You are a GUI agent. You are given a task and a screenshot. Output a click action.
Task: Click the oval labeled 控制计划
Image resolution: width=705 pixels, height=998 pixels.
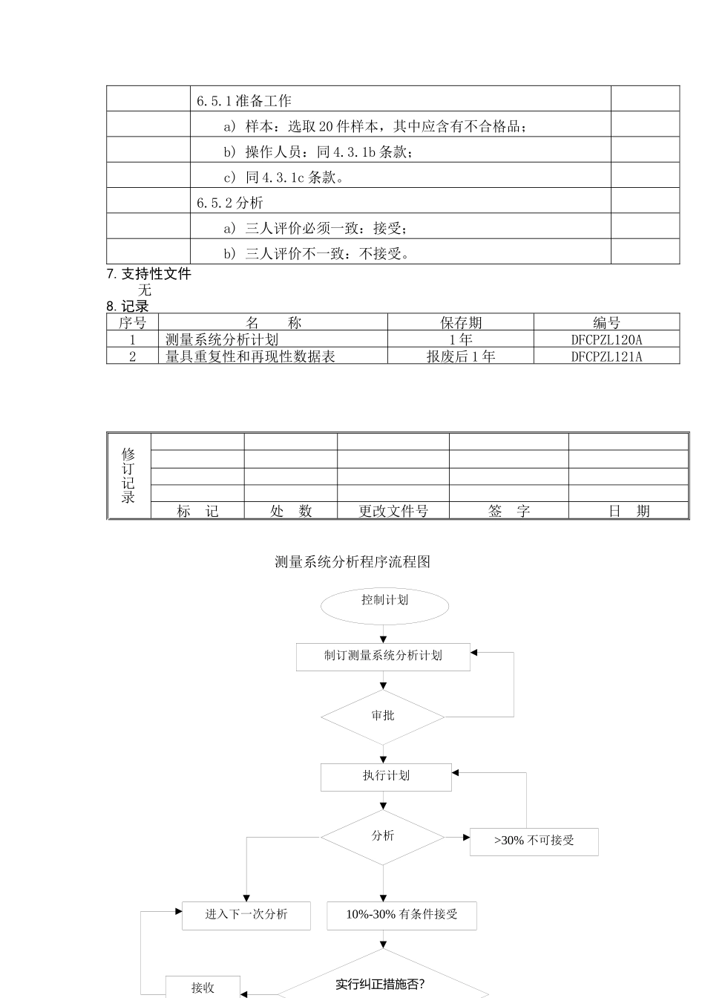click(x=384, y=606)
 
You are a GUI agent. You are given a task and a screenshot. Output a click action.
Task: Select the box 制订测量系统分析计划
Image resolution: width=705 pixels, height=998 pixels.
click(x=383, y=656)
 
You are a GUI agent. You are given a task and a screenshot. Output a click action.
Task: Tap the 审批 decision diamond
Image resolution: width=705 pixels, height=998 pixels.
click(x=383, y=717)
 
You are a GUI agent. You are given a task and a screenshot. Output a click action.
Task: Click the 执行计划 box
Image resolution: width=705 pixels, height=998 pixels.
click(x=386, y=777)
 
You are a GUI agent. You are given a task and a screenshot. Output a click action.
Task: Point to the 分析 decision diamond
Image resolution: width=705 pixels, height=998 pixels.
click(x=383, y=837)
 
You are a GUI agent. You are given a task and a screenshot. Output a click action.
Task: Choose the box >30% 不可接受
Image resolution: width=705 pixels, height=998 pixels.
click(x=534, y=841)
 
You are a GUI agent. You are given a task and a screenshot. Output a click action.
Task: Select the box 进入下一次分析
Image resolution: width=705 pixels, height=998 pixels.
click(x=246, y=915)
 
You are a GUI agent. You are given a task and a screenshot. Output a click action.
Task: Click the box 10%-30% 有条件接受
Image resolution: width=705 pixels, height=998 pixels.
click(x=401, y=915)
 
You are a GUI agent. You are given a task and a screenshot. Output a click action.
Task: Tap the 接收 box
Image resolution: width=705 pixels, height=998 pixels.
click(x=203, y=988)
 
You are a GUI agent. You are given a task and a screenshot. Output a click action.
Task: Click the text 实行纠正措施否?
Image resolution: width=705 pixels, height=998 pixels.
click(x=380, y=985)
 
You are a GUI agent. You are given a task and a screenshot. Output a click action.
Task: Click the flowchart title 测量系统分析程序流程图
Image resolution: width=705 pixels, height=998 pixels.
click(x=352, y=562)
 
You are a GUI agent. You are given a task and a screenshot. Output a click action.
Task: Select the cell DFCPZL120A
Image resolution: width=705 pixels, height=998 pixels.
click(x=606, y=340)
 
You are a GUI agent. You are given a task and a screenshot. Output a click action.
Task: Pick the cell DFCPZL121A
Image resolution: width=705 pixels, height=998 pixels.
click(x=606, y=356)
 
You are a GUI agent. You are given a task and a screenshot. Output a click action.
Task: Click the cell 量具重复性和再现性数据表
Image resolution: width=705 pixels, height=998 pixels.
click(x=250, y=356)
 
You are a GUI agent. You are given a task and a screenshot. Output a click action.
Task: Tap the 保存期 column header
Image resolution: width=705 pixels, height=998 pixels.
click(x=460, y=323)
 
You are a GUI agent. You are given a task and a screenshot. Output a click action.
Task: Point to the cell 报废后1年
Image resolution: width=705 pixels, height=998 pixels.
click(x=460, y=356)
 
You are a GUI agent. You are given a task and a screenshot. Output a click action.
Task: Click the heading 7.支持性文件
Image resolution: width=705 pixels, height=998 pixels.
click(x=149, y=274)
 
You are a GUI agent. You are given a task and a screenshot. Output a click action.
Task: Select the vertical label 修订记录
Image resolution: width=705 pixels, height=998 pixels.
click(x=128, y=476)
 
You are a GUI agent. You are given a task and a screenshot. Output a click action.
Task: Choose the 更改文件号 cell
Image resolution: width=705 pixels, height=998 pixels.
click(x=393, y=511)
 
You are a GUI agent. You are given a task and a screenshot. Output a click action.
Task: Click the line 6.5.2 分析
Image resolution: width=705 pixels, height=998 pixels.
click(x=230, y=203)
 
